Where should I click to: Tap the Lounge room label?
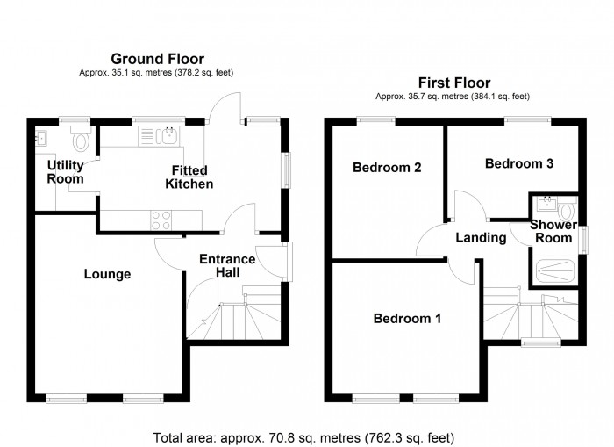click(x=107, y=274)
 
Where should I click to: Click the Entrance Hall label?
click(x=227, y=266)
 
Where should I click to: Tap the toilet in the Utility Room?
click(x=81, y=140)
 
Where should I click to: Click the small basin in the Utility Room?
click(x=41, y=137)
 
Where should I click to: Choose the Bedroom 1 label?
click(x=407, y=319)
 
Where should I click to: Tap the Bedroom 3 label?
click(x=518, y=163)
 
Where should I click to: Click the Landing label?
click(x=481, y=237)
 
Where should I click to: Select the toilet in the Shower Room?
click(x=566, y=210)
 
